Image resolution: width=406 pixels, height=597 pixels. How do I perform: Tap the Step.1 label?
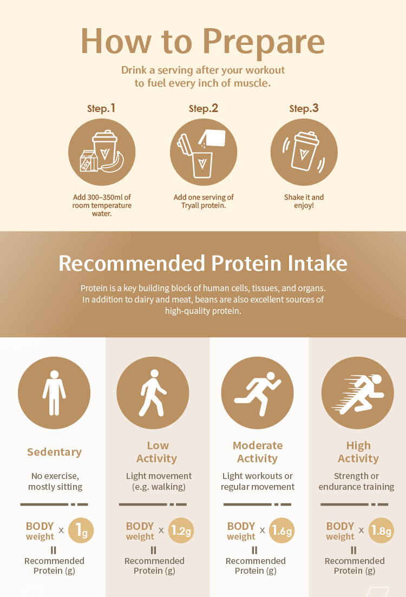coord(101,108)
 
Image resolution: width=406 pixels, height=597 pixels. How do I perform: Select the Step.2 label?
coord(204,108)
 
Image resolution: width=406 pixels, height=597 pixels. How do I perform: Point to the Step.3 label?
coord(304,108)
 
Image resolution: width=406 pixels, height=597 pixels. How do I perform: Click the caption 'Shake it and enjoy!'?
coord(304,201)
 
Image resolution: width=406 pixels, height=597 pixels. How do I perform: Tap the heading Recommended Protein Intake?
coord(203,263)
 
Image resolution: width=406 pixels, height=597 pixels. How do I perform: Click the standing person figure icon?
coord(54,392)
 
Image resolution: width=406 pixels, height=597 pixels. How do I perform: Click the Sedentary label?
coord(55,452)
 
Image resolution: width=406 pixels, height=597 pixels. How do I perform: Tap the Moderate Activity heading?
coord(258,452)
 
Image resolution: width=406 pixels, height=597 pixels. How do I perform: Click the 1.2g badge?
coord(181,530)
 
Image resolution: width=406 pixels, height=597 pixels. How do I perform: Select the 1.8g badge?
coord(381,530)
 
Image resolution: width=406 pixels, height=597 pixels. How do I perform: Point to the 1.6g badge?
coord(282,530)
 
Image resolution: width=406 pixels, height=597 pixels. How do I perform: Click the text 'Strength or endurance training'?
coord(357,481)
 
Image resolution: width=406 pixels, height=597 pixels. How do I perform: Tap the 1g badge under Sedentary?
coord(81,530)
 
